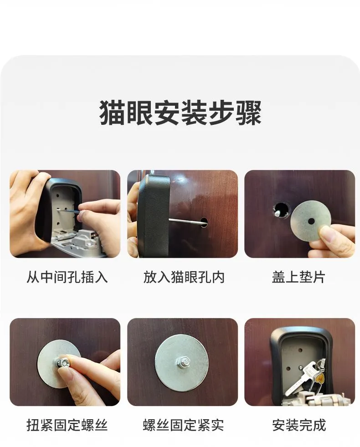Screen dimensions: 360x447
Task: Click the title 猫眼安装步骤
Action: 180,113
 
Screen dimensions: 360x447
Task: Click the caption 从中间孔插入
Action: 67,277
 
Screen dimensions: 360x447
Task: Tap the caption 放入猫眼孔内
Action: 184,277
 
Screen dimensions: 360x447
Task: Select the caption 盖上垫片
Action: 298,277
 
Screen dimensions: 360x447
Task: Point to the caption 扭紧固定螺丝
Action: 67,425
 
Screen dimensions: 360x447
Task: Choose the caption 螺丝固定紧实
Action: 183,425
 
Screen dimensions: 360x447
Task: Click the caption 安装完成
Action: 299,425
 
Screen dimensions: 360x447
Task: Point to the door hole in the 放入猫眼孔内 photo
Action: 204,222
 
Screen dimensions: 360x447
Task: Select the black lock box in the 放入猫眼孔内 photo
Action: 154,216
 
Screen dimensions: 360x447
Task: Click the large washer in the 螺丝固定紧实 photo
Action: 182,363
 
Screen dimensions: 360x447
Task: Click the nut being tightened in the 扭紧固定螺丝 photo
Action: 62,363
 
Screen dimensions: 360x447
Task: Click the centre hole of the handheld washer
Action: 311,221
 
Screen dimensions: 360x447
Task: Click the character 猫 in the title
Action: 112,113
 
